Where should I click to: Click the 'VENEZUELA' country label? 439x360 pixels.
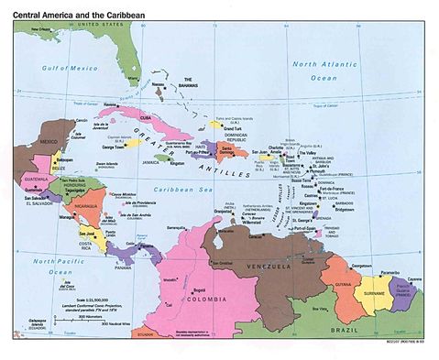(273, 266)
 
